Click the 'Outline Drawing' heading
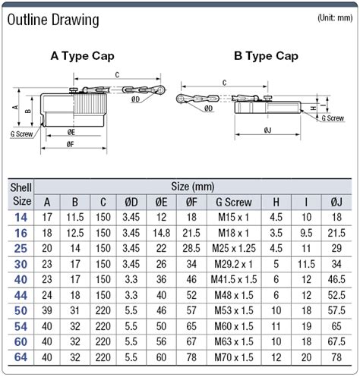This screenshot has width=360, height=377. point(53,20)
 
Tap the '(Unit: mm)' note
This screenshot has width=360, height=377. point(335,17)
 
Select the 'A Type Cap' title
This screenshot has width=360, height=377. point(82,56)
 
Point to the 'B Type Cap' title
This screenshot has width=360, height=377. point(266,56)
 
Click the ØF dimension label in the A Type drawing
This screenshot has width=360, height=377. point(71,144)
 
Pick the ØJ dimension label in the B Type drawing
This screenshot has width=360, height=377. point(267,130)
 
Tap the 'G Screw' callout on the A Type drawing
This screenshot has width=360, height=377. point(22,134)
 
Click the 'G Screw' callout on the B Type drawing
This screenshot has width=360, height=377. point(333,118)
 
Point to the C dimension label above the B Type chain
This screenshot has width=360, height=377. point(224,83)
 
